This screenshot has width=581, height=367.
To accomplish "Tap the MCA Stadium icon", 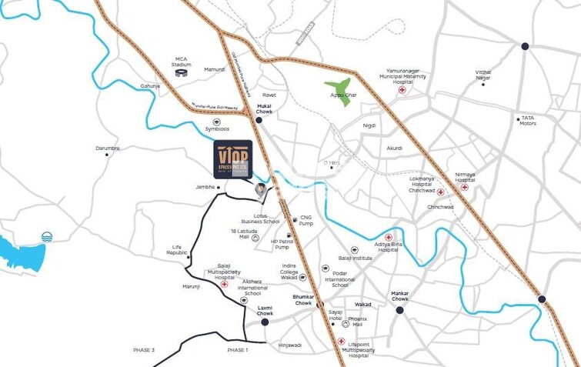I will pos(182,73).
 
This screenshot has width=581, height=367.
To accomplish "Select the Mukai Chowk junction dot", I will pos(259,120).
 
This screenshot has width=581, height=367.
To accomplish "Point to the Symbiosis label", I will pos(217,128).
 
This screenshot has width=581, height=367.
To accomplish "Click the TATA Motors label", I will pos(527,121).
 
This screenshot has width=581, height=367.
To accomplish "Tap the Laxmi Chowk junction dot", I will pos(265,322).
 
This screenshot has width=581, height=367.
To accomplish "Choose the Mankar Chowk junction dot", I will pos(399,310).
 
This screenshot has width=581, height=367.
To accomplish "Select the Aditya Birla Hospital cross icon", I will pos(389,237).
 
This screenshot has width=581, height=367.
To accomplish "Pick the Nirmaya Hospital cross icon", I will pos(464,187).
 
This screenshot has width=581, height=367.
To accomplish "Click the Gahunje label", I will pos(150,86).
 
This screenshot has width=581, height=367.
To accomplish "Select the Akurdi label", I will pos(394,148).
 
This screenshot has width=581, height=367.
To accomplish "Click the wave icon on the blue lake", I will pos(48,237).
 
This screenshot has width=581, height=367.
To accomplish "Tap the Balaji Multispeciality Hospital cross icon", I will pos(224,284).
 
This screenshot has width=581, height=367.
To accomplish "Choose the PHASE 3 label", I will pos(143,350).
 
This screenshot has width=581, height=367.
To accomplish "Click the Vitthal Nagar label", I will pos(482,75).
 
